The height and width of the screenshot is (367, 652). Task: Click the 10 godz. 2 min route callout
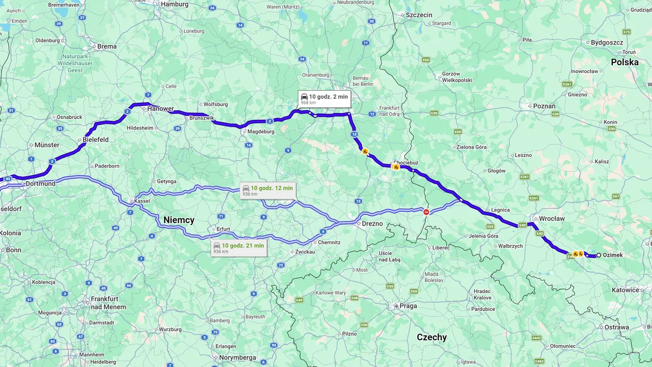[324, 99]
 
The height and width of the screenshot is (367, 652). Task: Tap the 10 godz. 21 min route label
[239, 248]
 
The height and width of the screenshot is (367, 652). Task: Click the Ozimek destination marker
[599, 255]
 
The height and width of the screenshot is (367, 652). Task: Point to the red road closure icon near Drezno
[426, 212]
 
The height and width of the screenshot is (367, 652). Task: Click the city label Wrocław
[551, 219]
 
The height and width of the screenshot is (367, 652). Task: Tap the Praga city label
[407, 306]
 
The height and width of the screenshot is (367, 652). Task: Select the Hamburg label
[174, 4]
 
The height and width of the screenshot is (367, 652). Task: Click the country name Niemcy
[179, 220]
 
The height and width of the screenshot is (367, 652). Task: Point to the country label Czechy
[431, 337]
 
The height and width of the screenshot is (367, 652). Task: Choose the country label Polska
[624, 62]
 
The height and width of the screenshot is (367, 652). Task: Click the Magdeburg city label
[261, 132]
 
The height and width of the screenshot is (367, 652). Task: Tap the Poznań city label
[544, 106]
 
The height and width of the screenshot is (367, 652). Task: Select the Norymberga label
[237, 358]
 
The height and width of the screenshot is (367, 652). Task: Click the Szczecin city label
[418, 15]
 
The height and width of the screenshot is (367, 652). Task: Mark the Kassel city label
[142, 201]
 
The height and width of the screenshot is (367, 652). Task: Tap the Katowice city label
[625, 290]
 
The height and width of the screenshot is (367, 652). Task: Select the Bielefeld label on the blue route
[96, 140]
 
